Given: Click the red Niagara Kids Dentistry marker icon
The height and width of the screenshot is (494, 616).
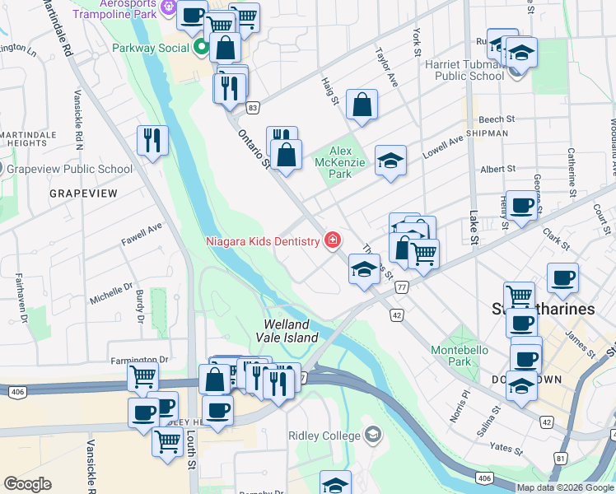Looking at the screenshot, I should click(332, 240).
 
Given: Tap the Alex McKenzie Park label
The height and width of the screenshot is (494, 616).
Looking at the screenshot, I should click(352, 163).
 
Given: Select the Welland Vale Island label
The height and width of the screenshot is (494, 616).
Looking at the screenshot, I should click(291, 331).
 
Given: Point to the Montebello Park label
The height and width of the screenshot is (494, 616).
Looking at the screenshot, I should click(459, 356).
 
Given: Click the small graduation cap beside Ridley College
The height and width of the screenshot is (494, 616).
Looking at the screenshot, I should click(373, 435).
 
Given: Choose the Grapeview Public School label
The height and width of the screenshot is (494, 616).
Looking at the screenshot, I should click(69, 170).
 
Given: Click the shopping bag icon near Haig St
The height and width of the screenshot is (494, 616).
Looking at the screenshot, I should click(362, 105).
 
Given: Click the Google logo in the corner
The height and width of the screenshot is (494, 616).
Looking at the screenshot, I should click(27, 484).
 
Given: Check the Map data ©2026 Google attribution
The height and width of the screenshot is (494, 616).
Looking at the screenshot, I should click(565, 487).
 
